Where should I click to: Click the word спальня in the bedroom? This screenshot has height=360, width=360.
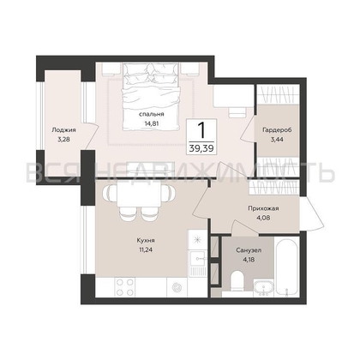[x=151, y=114]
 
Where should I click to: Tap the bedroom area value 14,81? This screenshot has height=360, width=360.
[x=152, y=123]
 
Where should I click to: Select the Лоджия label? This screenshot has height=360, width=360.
[x=63, y=130]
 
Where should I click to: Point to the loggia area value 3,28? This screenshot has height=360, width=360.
[x=63, y=140]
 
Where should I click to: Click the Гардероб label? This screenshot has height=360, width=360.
[x=277, y=130]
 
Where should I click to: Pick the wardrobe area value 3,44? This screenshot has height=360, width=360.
[x=277, y=140]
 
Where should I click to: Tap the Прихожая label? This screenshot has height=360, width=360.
[x=263, y=208]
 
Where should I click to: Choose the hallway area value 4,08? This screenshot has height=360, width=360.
[x=263, y=218]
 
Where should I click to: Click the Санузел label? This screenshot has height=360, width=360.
[x=249, y=250]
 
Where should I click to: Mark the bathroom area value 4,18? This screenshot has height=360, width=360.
[x=249, y=260]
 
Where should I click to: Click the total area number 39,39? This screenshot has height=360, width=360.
[x=201, y=148]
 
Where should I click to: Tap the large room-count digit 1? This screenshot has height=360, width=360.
[x=201, y=130]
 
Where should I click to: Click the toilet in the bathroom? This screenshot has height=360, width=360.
[x=237, y=280]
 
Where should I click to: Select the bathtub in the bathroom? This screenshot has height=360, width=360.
[x=286, y=267]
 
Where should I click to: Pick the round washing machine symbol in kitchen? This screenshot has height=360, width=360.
[x=177, y=287]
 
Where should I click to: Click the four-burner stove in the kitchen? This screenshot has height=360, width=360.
[x=125, y=287]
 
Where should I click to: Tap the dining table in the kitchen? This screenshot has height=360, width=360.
[x=139, y=195]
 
